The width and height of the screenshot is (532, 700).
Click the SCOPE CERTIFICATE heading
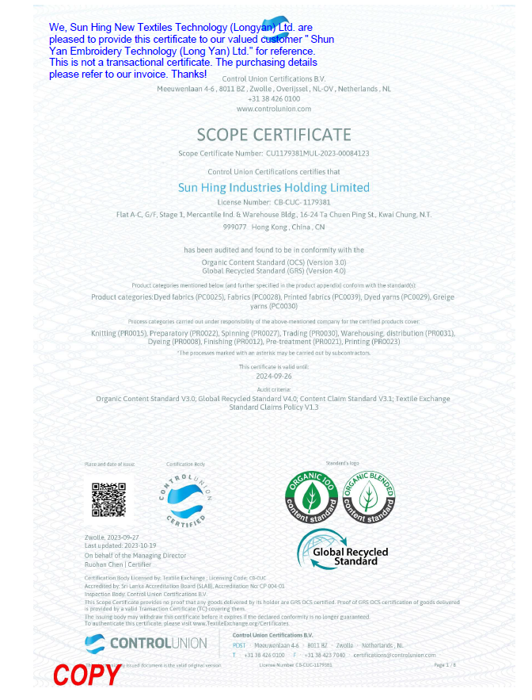click(x=273, y=134)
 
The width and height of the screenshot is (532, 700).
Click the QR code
click(x=108, y=499)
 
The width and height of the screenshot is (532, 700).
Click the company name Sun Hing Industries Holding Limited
click(x=274, y=188)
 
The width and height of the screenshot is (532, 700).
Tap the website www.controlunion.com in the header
click(x=273, y=108)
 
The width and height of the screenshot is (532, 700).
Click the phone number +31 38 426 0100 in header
click(x=274, y=98)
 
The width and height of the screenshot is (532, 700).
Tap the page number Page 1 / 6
click(x=445, y=664)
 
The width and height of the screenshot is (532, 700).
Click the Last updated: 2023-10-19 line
click(x=120, y=546)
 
